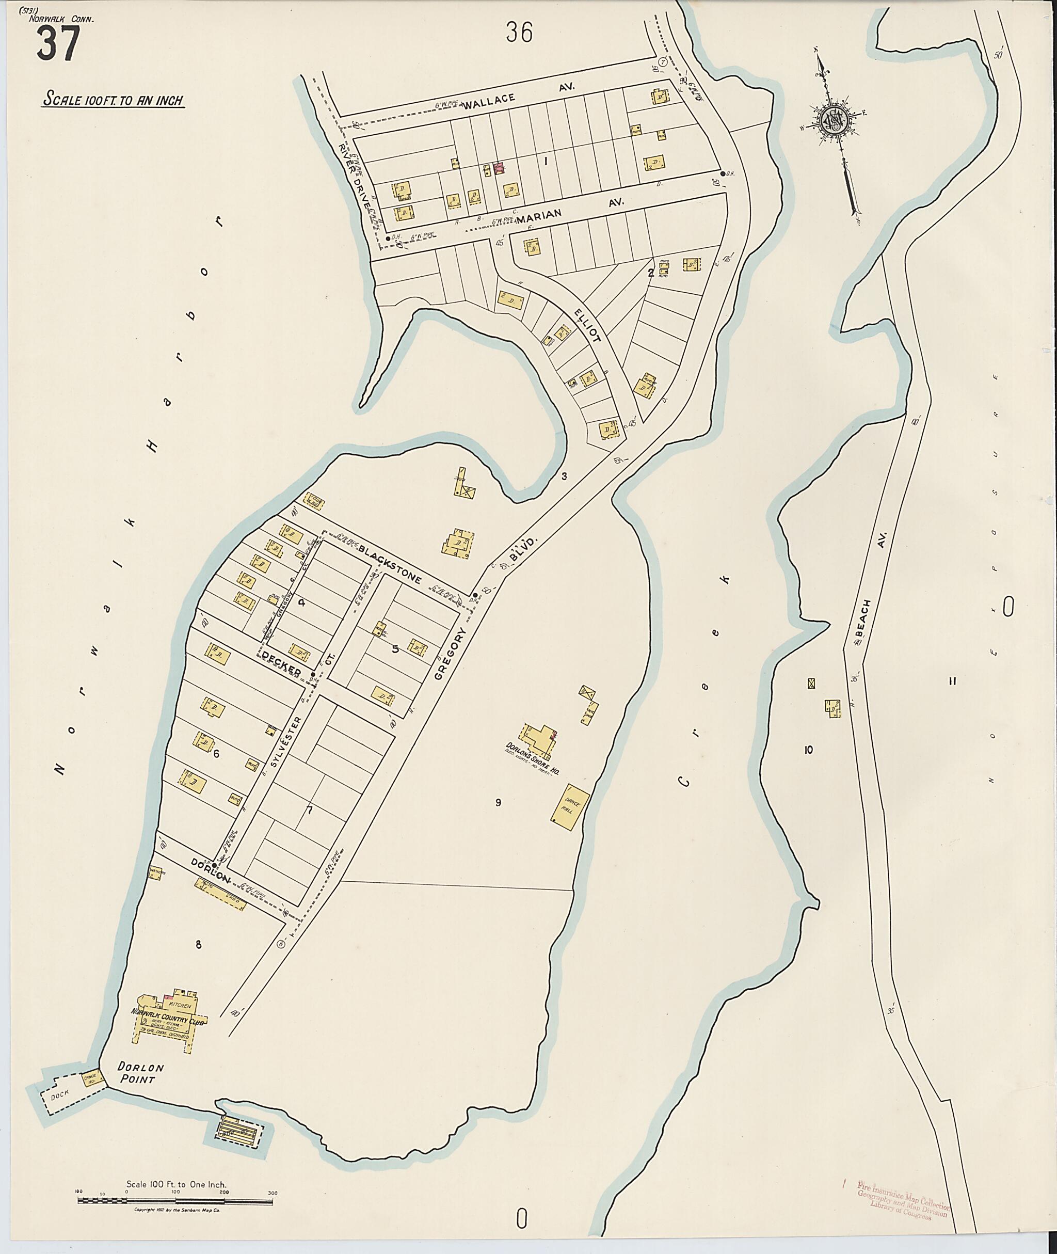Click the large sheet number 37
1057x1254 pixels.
58,45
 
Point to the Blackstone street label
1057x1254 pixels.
390,562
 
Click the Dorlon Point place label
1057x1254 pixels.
140,1073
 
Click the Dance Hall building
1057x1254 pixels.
570,806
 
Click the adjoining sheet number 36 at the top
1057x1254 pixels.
518,33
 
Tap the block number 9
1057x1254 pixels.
498,802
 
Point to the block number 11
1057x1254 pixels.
953,680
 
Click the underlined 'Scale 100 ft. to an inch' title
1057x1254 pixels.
113,100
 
